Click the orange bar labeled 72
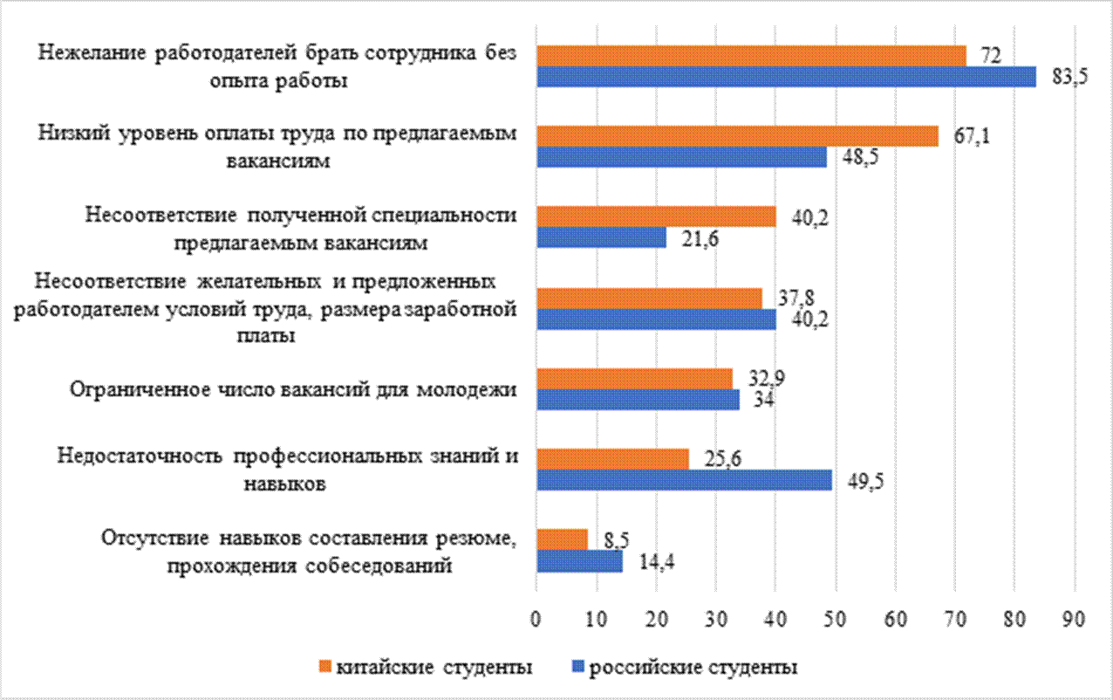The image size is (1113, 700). [x=750, y=56]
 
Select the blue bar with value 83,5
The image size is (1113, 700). [x=785, y=77]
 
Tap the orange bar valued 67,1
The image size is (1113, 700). [x=737, y=136]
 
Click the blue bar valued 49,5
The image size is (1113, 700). [x=684, y=480]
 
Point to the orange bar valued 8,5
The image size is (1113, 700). [x=562, y=539]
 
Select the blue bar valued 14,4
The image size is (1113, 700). [x=579, y=560]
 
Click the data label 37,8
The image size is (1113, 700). [x=789, y=299]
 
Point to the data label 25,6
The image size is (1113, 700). [x=716, y=459]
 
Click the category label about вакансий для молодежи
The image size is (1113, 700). [x=293, y=389]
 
